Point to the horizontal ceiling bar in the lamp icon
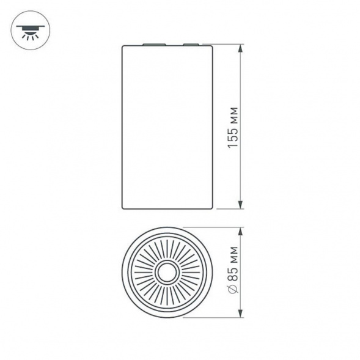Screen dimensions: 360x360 click(28, 26)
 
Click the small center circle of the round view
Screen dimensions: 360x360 click(167, 273)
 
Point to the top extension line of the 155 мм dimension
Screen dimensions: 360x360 click(229, 45)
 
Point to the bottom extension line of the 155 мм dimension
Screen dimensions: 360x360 click(229, 209)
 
